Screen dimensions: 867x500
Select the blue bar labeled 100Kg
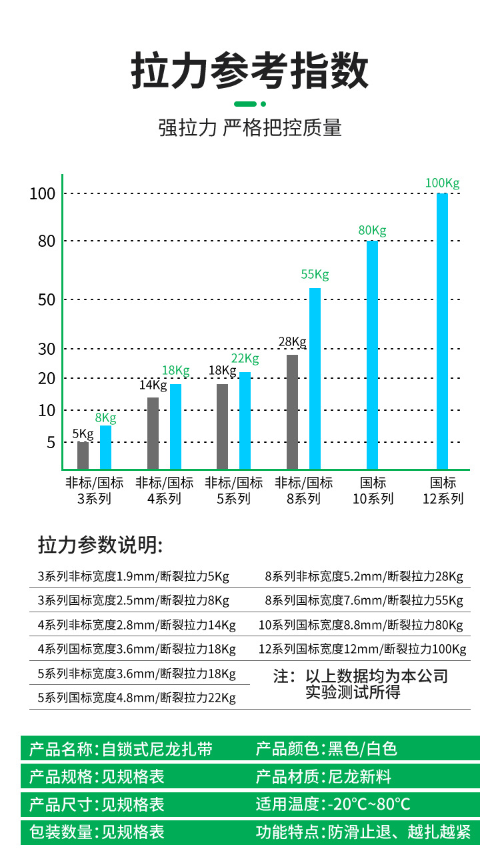[x=442, y=331]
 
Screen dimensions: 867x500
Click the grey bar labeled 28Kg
[x=292, y=411]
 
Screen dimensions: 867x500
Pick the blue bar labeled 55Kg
[x=315, y=378]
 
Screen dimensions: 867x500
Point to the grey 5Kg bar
[x=83, y=456]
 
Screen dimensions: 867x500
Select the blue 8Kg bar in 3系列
[x=105, y=447]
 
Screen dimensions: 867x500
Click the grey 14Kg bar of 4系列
[x=153, y=433]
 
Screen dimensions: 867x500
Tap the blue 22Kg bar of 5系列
[x=245, y=420]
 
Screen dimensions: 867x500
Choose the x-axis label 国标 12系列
[x=443, y=491]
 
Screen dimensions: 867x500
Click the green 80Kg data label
[x=372, y=231]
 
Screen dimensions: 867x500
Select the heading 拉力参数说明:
[x=100, y=545]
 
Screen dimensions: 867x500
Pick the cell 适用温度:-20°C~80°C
[x=333, y=804]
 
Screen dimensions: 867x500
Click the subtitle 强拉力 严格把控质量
[x=249, y=127]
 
